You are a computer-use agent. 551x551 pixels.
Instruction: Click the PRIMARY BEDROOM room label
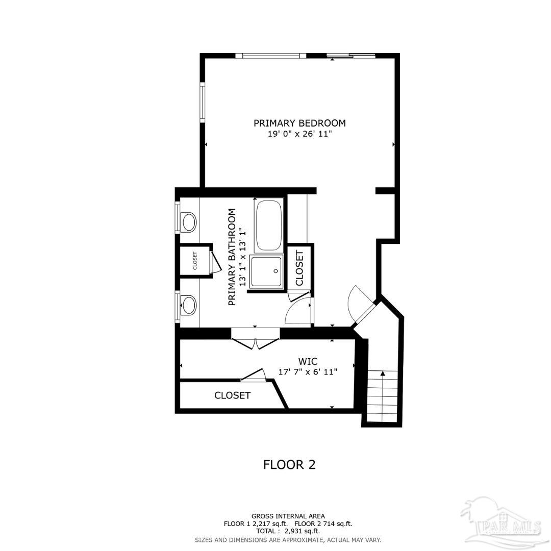pyautogui.click(x=299, y=123)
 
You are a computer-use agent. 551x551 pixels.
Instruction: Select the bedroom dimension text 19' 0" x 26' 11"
pyautogui.click(x=299, y=134)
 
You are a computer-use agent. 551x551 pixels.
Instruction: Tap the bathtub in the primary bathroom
pyautogui.click(x=269, y=225)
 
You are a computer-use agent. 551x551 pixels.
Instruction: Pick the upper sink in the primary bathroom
pyautogui.click(x=189, y=222)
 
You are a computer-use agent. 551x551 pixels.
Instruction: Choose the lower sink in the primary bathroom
pyautogui.click(x=189, y=305)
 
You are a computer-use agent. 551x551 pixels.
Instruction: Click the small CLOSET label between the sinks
pyautogui.click(x=195, y=261)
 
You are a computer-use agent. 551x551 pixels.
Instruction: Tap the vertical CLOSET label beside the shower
pyautogui.click(x=299, y=268)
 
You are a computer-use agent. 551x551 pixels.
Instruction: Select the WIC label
pyautogui.click(x=308, y=362)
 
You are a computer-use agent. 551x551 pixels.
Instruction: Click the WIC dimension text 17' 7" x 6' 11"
pyautogui.click(x=308, y=372)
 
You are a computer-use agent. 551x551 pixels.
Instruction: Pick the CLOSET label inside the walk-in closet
pyautogui.click(x=232, y=395)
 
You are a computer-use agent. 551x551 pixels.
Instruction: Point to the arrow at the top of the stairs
pyautogui.click(x=382, y=374)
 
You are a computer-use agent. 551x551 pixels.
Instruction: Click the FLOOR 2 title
pyautogui.click(x=289, y=464)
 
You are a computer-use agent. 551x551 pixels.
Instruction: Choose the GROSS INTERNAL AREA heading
pyautogui.click(x=288, y=516)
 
